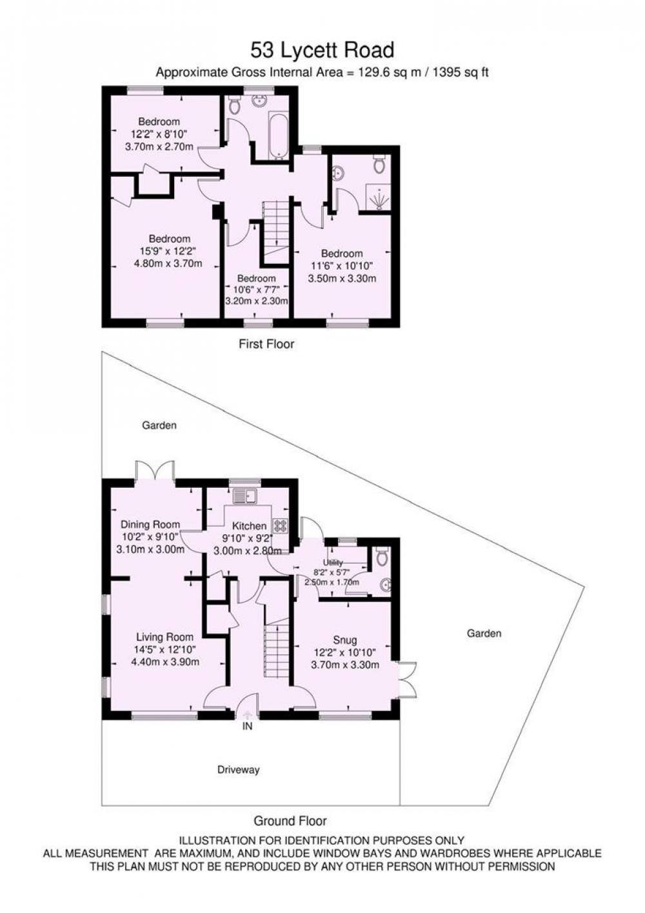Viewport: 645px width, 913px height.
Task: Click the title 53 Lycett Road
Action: click(x=322, y=50)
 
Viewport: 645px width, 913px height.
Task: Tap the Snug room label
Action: click(x=344, y=639)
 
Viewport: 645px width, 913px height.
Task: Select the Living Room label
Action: click(x=164, y=637)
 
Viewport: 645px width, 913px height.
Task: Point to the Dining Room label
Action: click(x=150, y=524)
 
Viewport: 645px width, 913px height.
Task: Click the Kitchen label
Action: click(x=250, y=527)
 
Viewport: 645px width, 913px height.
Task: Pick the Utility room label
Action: click(x=333, y=563)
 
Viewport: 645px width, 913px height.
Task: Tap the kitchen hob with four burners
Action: click(x=280, y=525)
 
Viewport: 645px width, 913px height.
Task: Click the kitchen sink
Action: click(x=244, y=496)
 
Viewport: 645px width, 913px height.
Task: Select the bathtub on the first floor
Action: click(x=278, y=134)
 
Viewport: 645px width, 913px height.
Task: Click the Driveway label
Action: click(x=239, y=770)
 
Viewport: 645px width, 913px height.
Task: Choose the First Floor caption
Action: click(x=266, y=344)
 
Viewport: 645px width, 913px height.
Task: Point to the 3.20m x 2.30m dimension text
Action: click(x=257, y=301)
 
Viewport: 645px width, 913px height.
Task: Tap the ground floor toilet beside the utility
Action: click(x=382, y=556)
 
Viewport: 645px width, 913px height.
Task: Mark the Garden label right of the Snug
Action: click(x=484, y=634)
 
